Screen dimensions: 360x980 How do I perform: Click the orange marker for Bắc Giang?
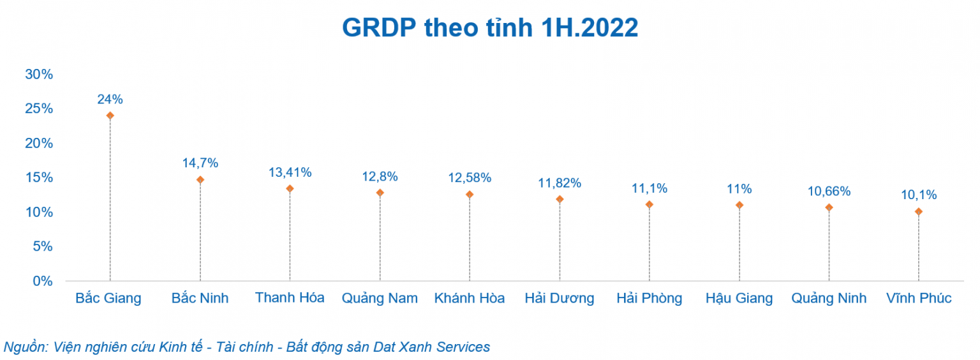[x=110, y=116]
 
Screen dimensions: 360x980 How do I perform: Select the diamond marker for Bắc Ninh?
[x=200, y=180]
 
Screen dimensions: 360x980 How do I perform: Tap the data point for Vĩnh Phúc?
[x=919, y=211]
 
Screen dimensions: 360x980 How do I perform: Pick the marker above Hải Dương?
[x=560, y=199]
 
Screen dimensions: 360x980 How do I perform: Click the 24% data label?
[x=110, y=100]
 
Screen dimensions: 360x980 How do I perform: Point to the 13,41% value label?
[x=290, y=172]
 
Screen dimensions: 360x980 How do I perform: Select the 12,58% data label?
[x=470, y=178]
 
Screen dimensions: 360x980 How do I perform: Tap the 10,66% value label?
[x=829, y=191]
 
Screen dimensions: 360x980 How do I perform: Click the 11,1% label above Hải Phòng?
[x=650, y=188]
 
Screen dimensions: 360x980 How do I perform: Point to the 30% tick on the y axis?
[x=39, y=74]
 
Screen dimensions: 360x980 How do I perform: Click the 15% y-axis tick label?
[x=39, y=177]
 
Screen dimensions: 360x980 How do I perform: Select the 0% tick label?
[x=42, y=281]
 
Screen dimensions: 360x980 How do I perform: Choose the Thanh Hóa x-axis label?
[x=290, y=298]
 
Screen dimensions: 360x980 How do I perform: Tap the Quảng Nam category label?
[x=380, y=298]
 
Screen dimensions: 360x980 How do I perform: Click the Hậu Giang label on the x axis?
[x=739, y=298]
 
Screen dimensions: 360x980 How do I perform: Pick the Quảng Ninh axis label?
[x=829, y=298]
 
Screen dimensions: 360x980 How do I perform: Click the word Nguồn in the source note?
[x=25, y=347]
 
